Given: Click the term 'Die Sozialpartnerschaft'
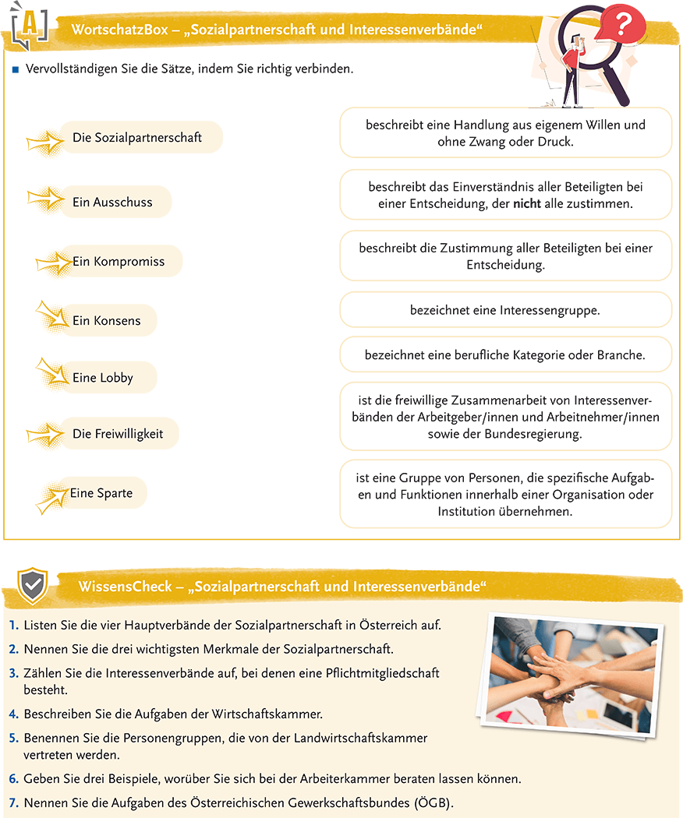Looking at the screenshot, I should coord(137,138).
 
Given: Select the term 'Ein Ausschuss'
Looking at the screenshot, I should coord(112,202).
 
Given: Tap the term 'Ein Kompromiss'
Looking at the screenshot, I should coord(119,262).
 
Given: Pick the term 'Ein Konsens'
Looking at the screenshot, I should coord(107,321).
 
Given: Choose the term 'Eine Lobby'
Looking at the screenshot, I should coord(103,378).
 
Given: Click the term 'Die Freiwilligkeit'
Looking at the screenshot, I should coord(118,434).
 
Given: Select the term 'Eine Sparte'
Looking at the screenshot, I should coord(101,493).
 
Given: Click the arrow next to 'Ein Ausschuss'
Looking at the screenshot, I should coord(45,199).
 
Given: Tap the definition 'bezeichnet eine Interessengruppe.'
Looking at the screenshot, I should coord(505,310).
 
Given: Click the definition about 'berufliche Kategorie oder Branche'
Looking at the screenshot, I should coord(505,354).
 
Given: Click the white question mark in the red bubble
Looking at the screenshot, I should coord(621,26).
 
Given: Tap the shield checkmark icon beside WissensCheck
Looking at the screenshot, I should coord(33,584).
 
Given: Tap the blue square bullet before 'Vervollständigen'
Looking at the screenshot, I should coord(15,69).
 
